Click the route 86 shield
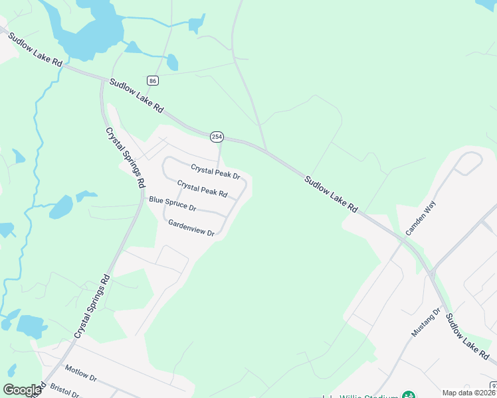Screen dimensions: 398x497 click(x=153, y=80)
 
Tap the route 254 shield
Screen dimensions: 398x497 click(x=216, y=137)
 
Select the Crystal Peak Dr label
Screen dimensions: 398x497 click(x=215, y=171)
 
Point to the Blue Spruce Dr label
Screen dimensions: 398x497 click(x=172, y=203)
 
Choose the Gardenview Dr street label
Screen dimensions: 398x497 click(x=191, y=228)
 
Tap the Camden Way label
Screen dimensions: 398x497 click(x=420, y=220)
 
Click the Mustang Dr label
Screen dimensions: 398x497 click(x=426, y=322)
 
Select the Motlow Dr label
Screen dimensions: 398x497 click(x=80, y=373)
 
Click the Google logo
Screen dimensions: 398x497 click(x=22, y=390)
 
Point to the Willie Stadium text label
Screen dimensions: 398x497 click(x=368, y=395)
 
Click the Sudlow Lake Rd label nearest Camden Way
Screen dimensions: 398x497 click(x=331, y=194)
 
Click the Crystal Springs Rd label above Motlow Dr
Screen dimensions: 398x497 click(x=91, y=306)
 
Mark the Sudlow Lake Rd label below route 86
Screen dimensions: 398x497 click(x=136, y=95)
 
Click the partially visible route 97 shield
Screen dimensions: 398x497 click(x=494, y=385)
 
